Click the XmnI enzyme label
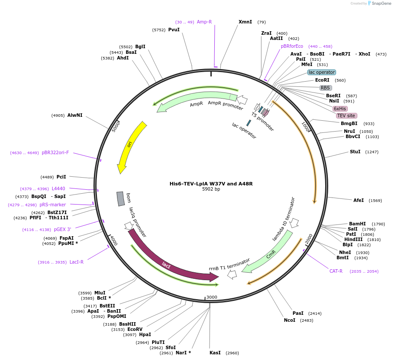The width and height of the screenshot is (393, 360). coord(245,22)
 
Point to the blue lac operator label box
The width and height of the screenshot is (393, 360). coord(322,72)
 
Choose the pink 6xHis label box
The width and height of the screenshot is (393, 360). coord(340,109)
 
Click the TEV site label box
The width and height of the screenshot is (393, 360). coord(346,116)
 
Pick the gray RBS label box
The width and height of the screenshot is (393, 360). coord(326,88)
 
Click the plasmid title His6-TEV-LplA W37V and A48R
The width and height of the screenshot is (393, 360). coord(211,184)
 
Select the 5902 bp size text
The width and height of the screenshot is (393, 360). coord(211,189)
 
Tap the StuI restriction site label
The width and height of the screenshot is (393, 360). coord(355,152)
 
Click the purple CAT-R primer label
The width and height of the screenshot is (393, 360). coord(336,271)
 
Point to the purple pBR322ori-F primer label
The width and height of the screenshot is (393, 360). coord(55,153)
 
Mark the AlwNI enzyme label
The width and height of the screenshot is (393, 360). coord(75,115)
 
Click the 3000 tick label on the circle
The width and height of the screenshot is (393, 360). coord(212,297)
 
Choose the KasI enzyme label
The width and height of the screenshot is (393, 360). coord(215,353)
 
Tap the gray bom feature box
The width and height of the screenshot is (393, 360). coord(120,199)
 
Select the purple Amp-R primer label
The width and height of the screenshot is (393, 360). coord(204,22)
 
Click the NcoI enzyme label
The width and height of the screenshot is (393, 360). coord(290,320)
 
